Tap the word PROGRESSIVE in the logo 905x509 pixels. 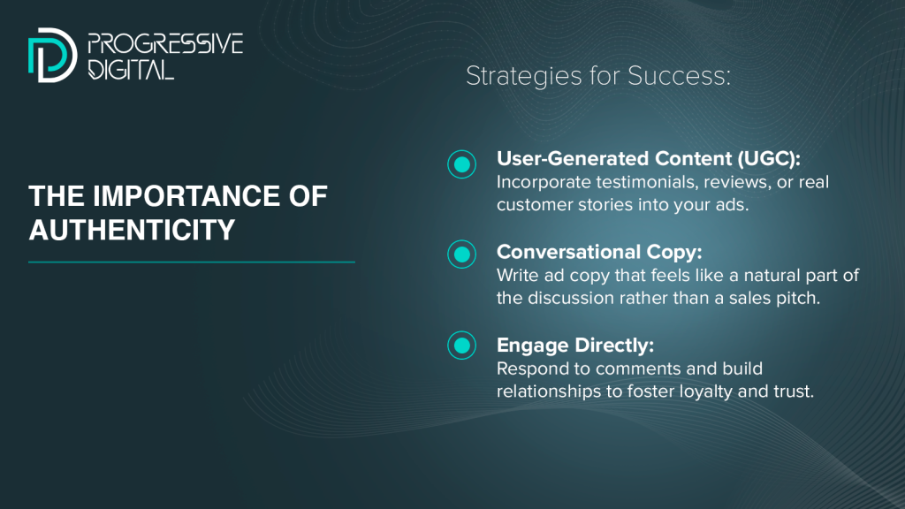[165, 44]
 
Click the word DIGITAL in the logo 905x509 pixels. [131, 69]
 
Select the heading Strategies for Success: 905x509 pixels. [598, 76]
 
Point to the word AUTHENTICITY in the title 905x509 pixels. [132, 230]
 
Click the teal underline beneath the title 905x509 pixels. [192, 262]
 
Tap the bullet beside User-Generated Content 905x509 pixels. [461, 164]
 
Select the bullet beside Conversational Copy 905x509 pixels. [461, 254]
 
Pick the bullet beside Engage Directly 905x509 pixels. [461, 346]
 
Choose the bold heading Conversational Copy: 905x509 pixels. [599, 252]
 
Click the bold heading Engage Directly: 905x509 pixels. [575, 346]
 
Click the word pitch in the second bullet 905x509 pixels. [798, 299]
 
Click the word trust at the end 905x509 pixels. [794, 391]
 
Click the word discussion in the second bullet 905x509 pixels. [571, 298]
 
